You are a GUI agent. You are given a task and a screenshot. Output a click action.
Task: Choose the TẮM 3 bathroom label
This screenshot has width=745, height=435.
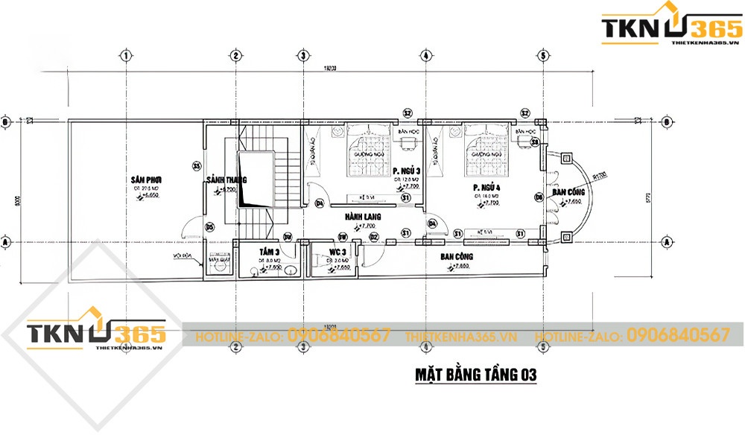coord(269,252)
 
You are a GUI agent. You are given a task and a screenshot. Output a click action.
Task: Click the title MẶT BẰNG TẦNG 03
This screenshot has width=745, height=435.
coord(475,372)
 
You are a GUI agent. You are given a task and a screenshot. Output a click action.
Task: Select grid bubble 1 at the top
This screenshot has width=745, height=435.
coord(127,56)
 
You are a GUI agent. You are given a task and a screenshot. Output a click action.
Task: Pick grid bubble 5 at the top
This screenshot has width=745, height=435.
coord(544,56)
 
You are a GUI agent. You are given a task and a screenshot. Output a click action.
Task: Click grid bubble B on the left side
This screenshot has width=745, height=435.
coord(4,121)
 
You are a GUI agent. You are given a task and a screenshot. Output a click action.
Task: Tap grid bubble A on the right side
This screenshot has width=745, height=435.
coord(667,242)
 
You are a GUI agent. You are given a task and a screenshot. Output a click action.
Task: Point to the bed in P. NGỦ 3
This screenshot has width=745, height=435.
coord(369,147)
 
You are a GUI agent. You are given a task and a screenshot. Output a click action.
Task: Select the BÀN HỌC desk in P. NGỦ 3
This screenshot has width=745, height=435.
coord(408,141)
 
